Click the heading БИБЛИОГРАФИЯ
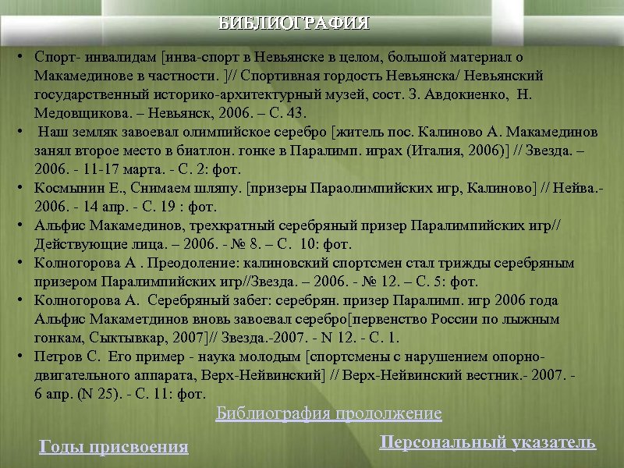[x=294, y=22]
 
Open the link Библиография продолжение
[x=328, y=413]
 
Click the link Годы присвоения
[x=114, y=446]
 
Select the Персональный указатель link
[x=487, y=442]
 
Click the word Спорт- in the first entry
[x=54, y=58]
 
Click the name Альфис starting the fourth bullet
[x=59, y=225]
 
